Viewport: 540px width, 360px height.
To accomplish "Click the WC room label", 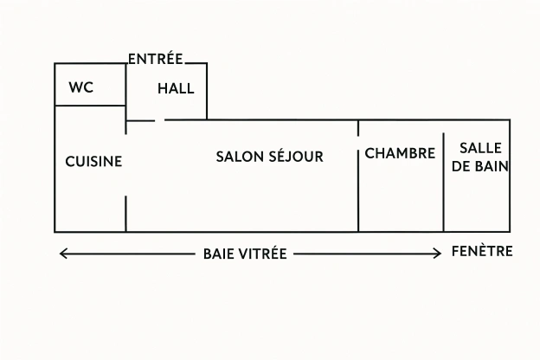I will pos(80,87).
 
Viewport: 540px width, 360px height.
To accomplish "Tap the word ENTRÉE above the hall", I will pos(156,60).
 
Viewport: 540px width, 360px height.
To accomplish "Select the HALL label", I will pos(176,88).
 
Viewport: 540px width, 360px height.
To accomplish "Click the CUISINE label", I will pos(93,161).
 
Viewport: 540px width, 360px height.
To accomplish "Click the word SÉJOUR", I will pos(296,157).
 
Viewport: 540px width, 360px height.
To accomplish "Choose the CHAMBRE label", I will pos(400,153).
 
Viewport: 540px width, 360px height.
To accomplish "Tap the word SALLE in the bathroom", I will pos(480,148).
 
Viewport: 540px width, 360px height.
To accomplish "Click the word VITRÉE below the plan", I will pos(262,254).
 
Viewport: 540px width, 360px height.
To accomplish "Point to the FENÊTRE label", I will pos(482,252).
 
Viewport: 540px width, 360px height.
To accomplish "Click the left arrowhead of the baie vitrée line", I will pos(61,254).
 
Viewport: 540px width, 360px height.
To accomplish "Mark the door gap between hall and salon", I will pos(160,120).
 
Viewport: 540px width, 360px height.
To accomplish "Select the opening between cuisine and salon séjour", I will pos(126,164).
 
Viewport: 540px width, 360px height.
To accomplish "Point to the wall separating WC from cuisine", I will pos(90,106).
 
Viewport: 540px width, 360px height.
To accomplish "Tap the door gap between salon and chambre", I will pos(358,143).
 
